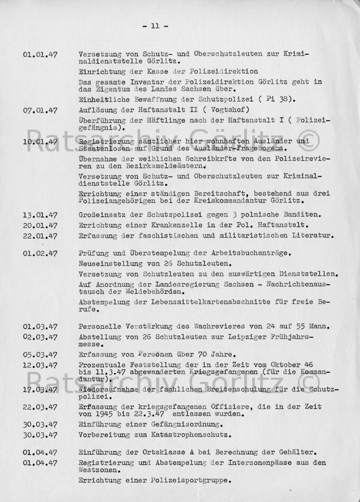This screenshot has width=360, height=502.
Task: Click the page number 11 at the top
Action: tap(155, 25)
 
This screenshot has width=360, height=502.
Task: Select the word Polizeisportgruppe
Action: tap(186, 481)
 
